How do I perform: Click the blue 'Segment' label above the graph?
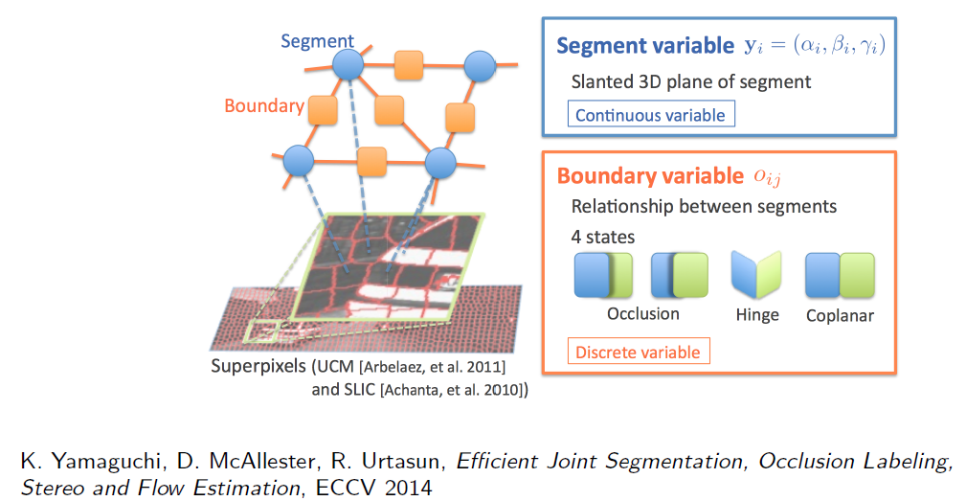click(317, 41)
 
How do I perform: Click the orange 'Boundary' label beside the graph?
click(264, 106)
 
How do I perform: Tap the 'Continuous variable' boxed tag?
click(651, 115)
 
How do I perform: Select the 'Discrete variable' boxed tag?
click(639, 352)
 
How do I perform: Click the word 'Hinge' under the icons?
click(757, 315)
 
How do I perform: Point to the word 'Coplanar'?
click(840, 315)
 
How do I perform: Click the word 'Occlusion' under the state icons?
click(643, 313)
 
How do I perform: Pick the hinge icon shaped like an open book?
click(756, 275)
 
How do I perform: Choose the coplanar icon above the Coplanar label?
click(841, 275)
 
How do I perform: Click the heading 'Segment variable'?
click(645, 46)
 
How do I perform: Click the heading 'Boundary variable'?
click(650, 176)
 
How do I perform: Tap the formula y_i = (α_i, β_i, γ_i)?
click(815, 45)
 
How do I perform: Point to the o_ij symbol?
click(767, 177)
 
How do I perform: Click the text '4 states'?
click(602, 237)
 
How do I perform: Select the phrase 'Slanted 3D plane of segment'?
click(690, 82)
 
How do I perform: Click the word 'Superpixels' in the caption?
click(258, 366)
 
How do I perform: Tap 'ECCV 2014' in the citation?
click(374, 488)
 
